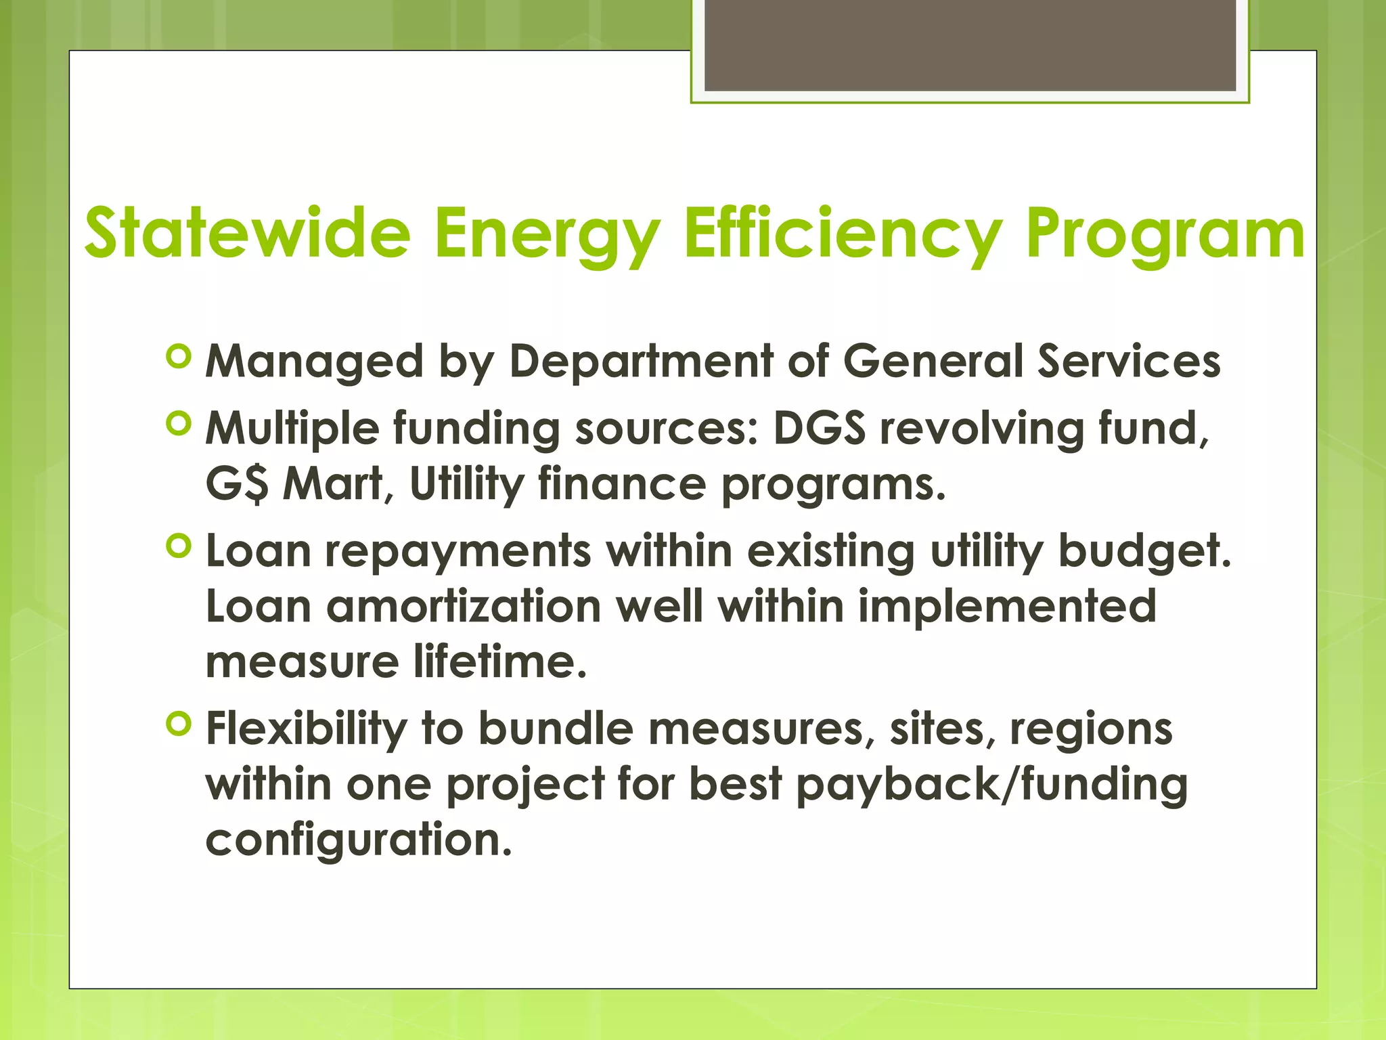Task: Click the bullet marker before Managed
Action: coord(179,357)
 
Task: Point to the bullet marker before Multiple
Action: coord(179,425)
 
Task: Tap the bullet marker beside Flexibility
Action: coord(179,724)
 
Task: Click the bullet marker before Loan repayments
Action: coord(179,546)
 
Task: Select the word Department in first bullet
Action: coord(640,361)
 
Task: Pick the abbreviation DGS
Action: coord(819,429)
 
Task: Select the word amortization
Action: coord(464,606)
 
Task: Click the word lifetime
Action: coord(499,662)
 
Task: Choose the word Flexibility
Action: coord(306,729)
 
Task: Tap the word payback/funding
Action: coord(991,784)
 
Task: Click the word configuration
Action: coord(358,840)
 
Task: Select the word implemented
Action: coord(1007,606)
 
